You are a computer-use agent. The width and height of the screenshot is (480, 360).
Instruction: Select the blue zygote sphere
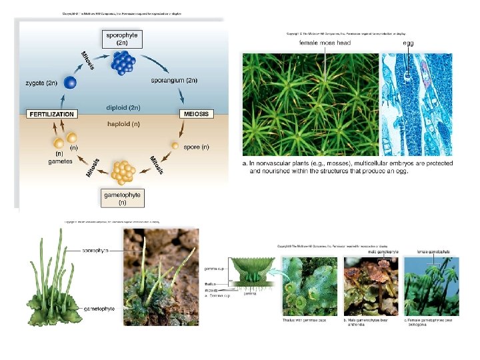(x=69, y=83)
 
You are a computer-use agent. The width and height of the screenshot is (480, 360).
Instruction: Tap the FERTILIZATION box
(x=51, y=114)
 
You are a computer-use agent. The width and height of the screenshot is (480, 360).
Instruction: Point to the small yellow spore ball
(x=175, y=145)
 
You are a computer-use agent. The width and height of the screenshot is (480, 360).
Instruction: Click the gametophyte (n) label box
(x=123, y=198)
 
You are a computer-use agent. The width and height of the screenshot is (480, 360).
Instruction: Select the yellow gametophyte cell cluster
(x=123, y=171)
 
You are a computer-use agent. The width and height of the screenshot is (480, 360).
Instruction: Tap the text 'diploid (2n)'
(x=124, y=107)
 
